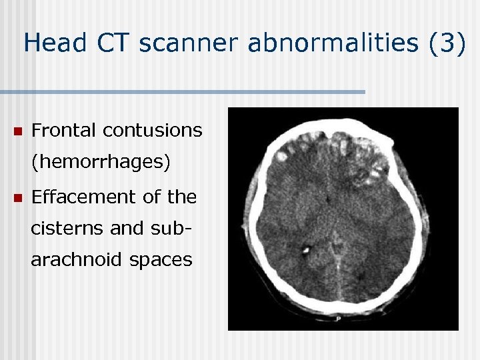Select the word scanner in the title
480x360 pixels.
[195, 43]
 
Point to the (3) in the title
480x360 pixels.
[445, 43]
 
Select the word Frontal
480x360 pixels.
[64, 131]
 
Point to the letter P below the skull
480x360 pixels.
[338, 319]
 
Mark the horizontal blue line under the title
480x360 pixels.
[183, 91]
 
